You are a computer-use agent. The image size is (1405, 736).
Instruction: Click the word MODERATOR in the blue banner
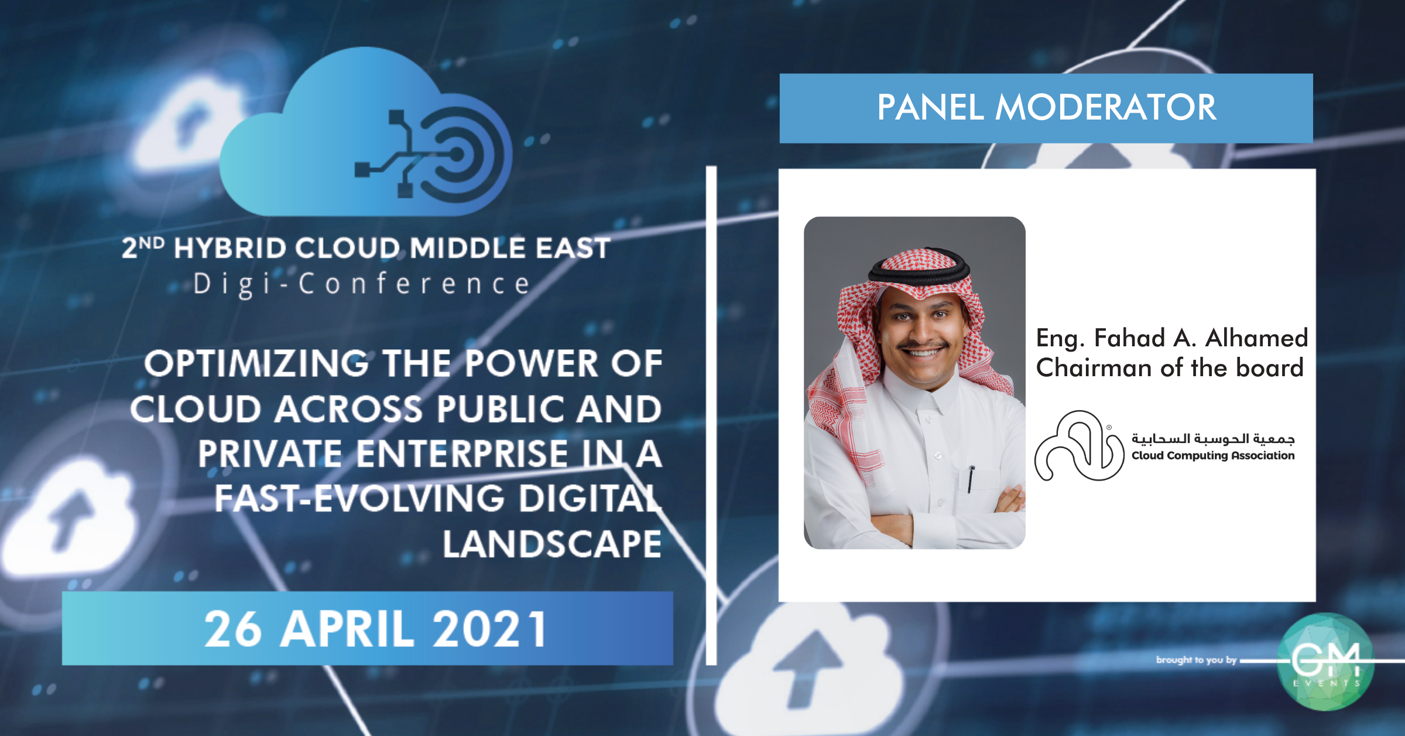coord(1106,107)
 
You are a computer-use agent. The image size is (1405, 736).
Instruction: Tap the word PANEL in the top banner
coord(930,107)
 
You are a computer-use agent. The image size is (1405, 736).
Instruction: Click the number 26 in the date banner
coord(233,629)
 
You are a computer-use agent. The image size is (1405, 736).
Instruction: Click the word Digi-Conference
coord(362,284)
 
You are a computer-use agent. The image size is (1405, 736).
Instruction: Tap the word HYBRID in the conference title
coord(230,248)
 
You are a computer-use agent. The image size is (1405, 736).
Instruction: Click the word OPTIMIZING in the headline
coord(256,363)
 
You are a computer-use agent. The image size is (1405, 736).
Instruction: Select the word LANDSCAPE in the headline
coord(552,544)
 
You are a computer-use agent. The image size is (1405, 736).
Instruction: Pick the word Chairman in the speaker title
coord(1094,368)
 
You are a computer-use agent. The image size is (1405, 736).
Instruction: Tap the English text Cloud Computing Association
coord(1213,455)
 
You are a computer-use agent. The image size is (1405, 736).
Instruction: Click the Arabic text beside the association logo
coord(1213,438)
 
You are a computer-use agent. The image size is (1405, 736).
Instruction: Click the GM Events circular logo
coord(1325,662)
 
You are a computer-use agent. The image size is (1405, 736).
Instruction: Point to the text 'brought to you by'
coord(1196,660)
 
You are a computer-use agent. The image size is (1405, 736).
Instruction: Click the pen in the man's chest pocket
coord(971,479)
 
